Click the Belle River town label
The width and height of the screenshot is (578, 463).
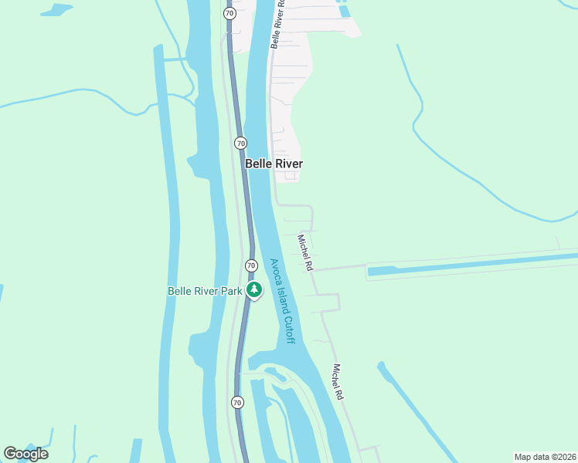(x=274, y=164)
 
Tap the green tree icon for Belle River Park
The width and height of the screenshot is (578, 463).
(x=254, y=290)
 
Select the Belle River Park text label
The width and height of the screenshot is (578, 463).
(x=205, y=291)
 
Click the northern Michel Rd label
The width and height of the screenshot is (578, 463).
(x=305, y=252)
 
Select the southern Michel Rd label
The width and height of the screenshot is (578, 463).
(x=338, y=381)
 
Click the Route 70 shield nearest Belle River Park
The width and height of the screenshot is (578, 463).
(x=251, y=265)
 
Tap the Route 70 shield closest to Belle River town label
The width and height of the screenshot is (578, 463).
(x=240, y=143)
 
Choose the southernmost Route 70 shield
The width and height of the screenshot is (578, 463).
(x=237, y=402)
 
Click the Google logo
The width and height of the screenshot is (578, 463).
(x=25, y=454)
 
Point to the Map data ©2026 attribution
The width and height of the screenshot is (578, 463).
(x=545, y=457)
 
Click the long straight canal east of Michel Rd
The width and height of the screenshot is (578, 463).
(x=471, y=263)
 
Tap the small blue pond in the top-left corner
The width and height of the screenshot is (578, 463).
(x=57, y=10)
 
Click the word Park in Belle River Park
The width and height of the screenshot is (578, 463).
(x=232, y=291)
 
